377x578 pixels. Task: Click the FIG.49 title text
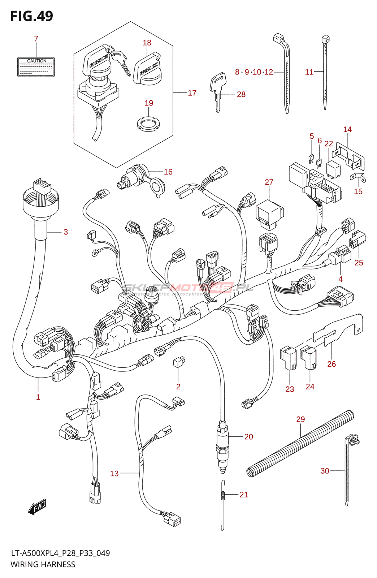pyautogui.click(x=31, y=16)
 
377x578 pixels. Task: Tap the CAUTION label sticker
pyautogui.click(x=36, y=67)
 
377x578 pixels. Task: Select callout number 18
pyautogui.click(x=147, y=43)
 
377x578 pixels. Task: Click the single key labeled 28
pyautogui.click(x=218, y=90)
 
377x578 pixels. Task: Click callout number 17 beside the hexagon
pyautogui.click(x=192, y=93)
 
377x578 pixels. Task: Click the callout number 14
pyautogui.click(x=347, y=129)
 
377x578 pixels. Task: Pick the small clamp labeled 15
pyautogui.click(x=357, y=177)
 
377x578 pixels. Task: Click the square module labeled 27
pyautogui.click(x=269, y=214)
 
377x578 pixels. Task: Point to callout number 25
pyautogui.click(x=359, y=263)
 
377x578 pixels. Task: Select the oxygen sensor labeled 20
pyautogui.click(x=222, y=444)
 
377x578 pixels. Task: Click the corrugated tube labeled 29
pyautogui.click(x=300, y=444)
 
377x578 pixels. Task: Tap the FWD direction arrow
pyautogui.click(x=37, y=507)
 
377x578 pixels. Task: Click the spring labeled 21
pyautogui.click(x=223, y=495)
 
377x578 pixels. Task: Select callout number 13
pyautogui.click(x=114, y=473)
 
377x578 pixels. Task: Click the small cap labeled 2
pyautogui.click(x=179, y=362)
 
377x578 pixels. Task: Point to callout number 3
pyautogui.click(x=66, y=232)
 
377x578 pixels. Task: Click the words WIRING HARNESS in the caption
pyautogui.click(x=43, y=564)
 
